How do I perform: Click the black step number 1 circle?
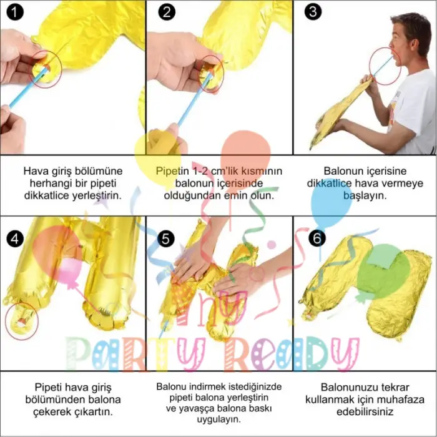tap(15, 12)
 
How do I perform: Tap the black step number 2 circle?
tap(167, 12)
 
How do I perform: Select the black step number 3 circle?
tap(313, 12)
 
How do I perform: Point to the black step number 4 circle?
tap(15, 239)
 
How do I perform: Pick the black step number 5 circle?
tap(165, 239)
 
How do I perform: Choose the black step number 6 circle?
tap(317, 238)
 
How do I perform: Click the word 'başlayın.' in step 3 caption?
tap(365, 195)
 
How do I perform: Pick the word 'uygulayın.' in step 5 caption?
tap(219, 420)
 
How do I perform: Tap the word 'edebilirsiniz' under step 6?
tap(365, 412)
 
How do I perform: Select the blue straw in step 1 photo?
tap(28, 88)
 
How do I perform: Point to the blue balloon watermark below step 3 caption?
tap(331, 201)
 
